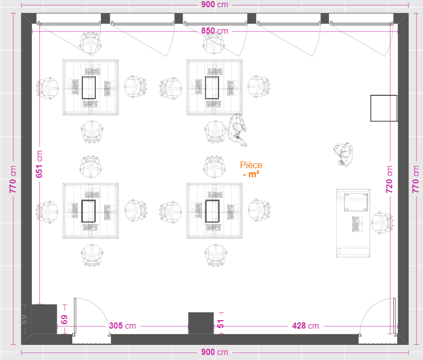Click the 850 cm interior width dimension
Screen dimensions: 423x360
[215, 31]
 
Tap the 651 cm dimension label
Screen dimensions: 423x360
[39, 164]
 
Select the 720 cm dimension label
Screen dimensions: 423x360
[389, 179]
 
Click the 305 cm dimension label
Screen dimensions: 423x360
[123, 326]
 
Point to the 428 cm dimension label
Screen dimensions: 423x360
[305, 326]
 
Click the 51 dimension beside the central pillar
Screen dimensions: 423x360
[221, 324]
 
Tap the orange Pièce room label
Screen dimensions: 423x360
[251, 165]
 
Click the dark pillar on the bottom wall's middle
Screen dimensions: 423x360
[201, 323]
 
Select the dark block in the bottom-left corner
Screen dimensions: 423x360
[44, 319]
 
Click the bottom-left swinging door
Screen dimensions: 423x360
[92, 316]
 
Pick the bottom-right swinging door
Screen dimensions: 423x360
[378, 316]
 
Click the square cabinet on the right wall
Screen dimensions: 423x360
[384, 108]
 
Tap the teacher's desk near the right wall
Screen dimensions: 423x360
[353, 223]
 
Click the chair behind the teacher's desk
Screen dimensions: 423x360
[382, 223]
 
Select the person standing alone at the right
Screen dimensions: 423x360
[343, 154]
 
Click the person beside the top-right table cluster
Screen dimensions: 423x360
[237, 130]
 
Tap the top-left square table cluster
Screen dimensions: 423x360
[91, 87]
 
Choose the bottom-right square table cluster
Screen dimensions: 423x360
[214, 211]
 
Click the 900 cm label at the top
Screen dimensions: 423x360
[215, 4]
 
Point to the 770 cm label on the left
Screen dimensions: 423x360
[13, 179]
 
